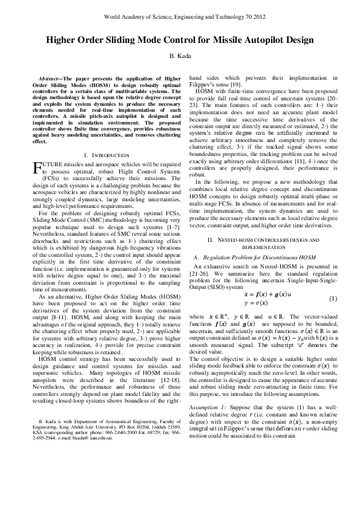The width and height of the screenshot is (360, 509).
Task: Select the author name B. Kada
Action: click(180, 56)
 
